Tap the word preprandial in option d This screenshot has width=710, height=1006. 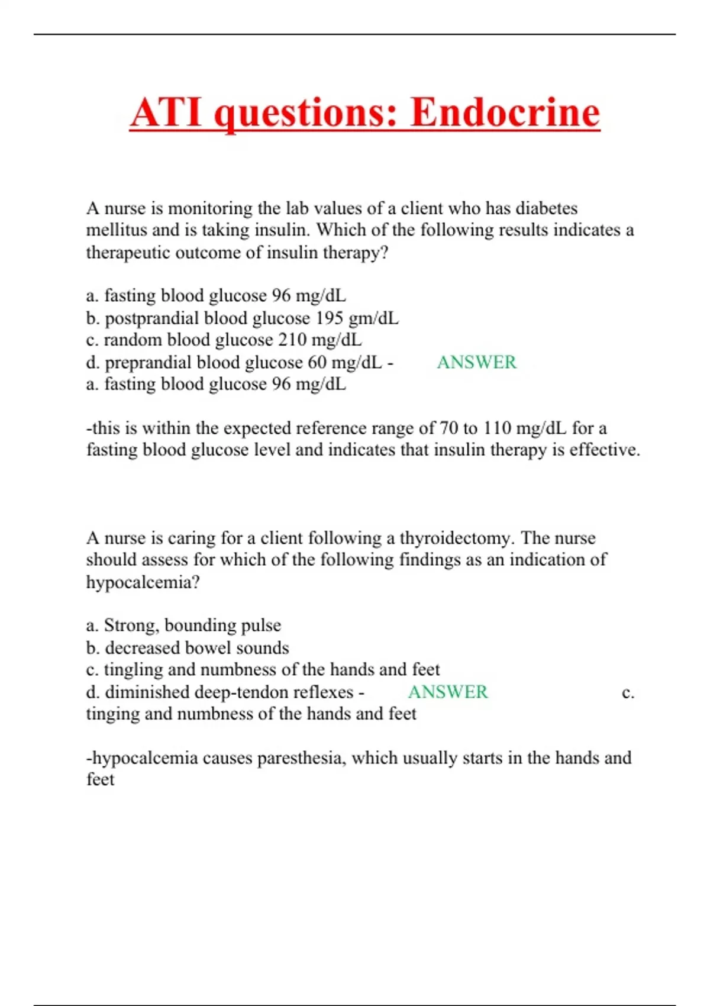[x=147, y=362]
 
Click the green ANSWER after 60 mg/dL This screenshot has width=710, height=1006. [x=476, y=362]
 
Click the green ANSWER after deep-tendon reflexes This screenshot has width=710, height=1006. [x=448, y=692]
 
